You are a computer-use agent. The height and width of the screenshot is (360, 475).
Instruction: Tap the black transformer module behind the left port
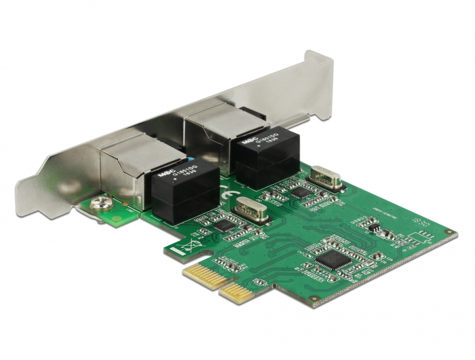coord(175,189)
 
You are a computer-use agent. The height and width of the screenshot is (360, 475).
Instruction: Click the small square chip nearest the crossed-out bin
coord(222,225)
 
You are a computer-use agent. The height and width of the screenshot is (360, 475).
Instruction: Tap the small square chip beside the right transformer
coord(299,192)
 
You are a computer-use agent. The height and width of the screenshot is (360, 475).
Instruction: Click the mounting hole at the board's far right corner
coord(449,232)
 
